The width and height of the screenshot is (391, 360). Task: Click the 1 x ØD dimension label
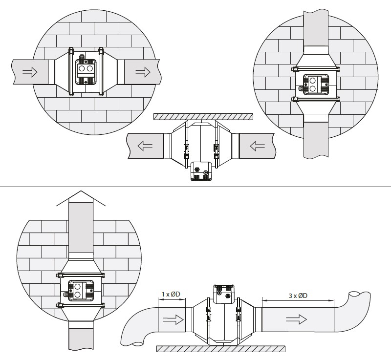(171, 294)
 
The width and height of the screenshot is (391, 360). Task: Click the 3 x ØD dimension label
(298, 296)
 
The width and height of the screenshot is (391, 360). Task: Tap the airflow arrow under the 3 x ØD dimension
(296, 319)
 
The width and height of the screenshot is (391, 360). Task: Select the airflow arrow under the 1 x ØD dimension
(173, 319)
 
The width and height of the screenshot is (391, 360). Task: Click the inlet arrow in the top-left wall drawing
(30, 72)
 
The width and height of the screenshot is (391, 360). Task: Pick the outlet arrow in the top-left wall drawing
(143, 72)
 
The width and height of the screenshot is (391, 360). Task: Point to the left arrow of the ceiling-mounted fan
(145, 146)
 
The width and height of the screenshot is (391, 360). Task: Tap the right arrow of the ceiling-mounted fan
(258, 146)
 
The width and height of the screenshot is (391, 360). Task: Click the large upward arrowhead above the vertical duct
(81, 198)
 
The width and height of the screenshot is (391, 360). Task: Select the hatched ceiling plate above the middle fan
(203, 117)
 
